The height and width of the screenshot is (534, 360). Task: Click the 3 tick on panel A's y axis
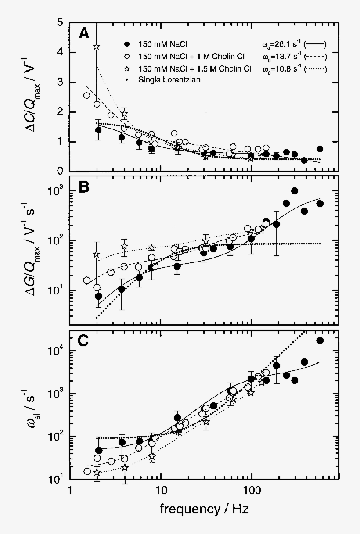coord(63,82)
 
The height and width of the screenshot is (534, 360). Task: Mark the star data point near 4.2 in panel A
coord(97,47)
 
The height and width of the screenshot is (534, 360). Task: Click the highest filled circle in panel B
coord(295,191)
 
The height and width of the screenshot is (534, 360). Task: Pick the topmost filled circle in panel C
coord(320,340)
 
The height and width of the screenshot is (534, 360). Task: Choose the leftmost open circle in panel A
coord(86,95)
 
